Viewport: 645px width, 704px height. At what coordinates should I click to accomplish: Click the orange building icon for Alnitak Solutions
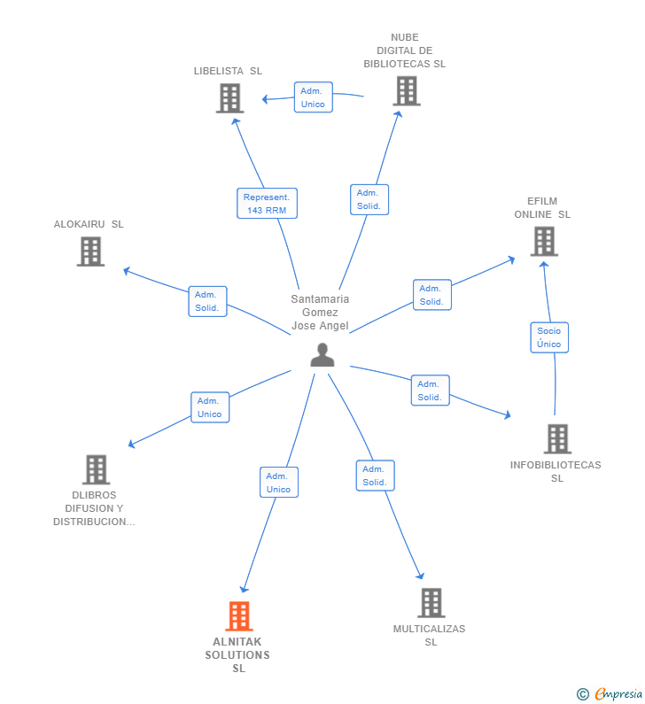238,615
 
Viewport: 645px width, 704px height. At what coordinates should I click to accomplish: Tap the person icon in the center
322,354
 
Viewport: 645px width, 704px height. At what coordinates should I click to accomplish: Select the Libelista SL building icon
229,97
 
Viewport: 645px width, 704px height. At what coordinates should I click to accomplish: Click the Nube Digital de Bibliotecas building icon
406,90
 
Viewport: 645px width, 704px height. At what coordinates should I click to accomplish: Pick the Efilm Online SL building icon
544,241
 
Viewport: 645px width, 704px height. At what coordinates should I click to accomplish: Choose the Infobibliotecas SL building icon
556,438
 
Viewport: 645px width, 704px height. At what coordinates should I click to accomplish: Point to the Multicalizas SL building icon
431,602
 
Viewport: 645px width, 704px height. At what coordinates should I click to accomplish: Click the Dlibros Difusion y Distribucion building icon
96,469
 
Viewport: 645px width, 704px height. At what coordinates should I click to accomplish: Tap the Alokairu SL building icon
90,251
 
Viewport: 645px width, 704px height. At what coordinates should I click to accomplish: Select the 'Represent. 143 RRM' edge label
267,203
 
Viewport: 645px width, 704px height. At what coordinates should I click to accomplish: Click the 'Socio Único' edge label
549,337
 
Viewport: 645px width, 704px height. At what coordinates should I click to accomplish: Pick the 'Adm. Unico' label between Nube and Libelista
313,97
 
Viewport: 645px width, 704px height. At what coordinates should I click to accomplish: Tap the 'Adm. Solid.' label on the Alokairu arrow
208,301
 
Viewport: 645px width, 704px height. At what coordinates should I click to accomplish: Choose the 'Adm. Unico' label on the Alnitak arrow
278,483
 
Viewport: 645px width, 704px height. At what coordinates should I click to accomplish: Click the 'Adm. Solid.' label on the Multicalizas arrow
375,476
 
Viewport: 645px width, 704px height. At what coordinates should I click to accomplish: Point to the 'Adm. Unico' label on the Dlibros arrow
210,407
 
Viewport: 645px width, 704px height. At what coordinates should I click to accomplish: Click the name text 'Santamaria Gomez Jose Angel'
320,313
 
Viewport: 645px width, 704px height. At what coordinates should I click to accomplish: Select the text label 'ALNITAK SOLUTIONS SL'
237,654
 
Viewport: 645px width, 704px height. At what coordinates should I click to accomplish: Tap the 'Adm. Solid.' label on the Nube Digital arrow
369,199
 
